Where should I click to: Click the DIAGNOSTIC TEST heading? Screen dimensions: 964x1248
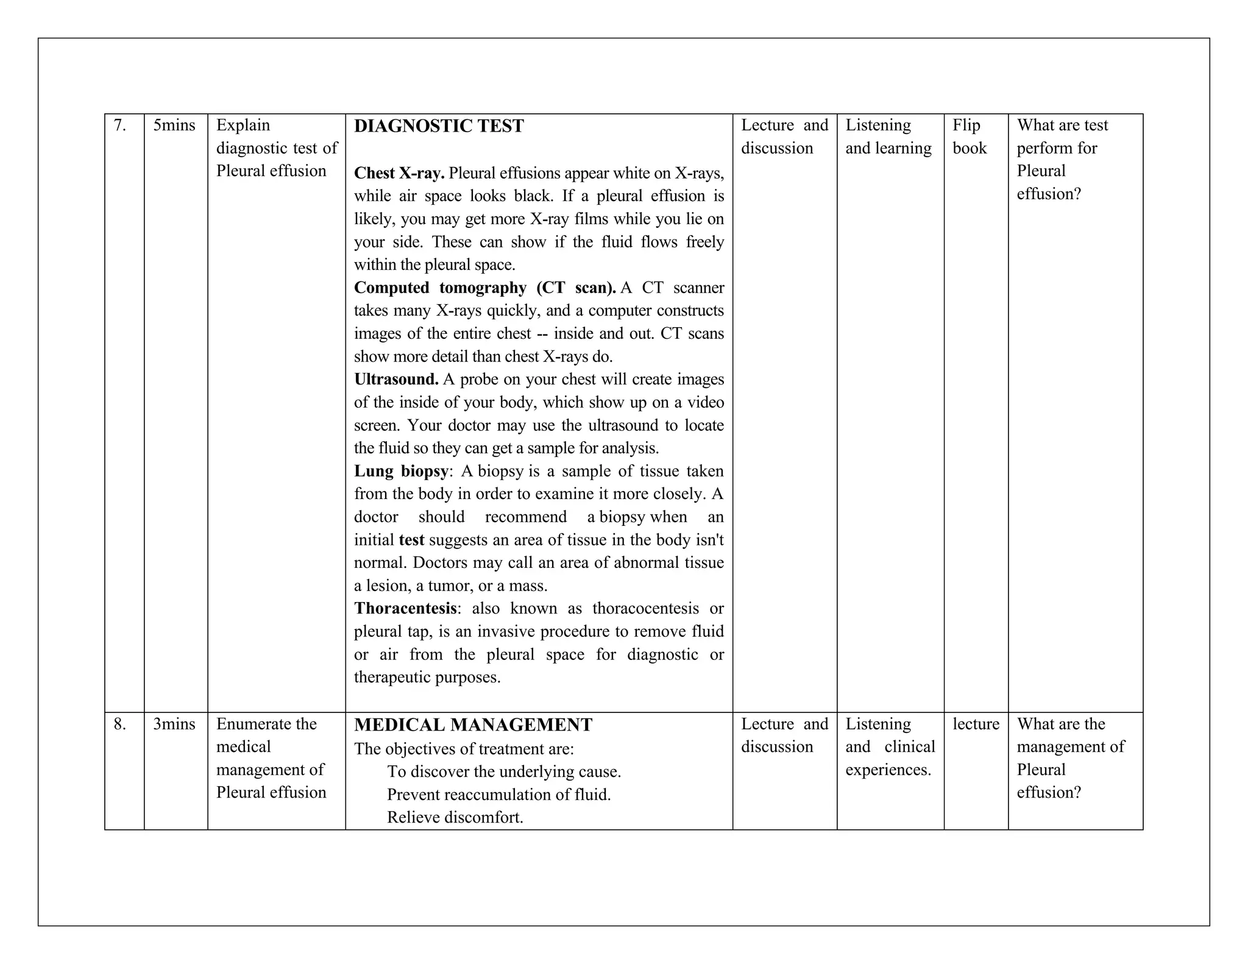(439, 126)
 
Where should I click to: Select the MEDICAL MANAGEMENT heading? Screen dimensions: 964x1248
(473, 725)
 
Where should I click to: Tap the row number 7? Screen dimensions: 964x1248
(120, 125)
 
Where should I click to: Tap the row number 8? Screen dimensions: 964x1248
(120, 724)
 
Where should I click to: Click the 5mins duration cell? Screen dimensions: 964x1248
(174, 125)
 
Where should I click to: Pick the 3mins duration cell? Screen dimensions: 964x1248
(174, 724)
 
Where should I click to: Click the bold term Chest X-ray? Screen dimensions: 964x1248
(399, 173)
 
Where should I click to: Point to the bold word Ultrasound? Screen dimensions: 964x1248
(396, 379)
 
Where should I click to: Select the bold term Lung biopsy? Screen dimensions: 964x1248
(401, 471)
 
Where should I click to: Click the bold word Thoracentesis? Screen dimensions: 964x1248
(405, 608)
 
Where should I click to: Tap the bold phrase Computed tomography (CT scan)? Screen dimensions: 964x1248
(485, 288)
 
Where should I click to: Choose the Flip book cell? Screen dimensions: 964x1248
(969, 136)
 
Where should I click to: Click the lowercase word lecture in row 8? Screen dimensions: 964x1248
(976, 724)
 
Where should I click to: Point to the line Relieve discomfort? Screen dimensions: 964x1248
(455, 817)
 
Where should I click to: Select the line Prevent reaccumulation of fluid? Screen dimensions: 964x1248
(498, 795)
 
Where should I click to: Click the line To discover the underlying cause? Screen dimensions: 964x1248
(504, 771)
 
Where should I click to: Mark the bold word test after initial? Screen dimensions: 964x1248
(411, 540)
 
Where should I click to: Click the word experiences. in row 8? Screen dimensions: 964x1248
(888, 770)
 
